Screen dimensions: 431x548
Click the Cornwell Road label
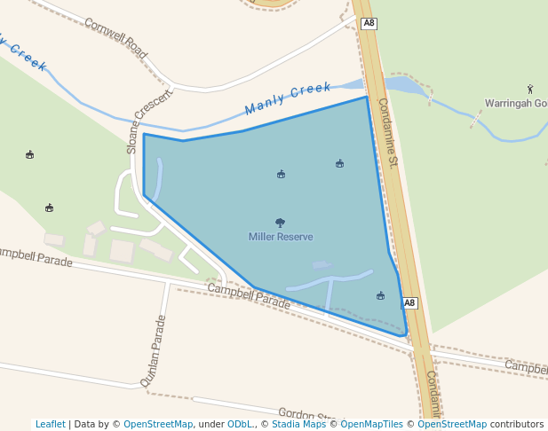(x=115, y=36)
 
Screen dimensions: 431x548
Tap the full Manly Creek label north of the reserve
(x=288, y=98)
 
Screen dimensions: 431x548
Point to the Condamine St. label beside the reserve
(x=389, y=133)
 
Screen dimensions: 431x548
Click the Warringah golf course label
(x=515, y=103)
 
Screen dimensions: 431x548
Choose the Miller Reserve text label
(x=281, y=237)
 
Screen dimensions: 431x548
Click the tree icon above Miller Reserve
(x=281, y=223)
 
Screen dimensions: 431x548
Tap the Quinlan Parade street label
(x=154, y=351)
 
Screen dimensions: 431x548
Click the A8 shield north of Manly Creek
(x=369, y=24)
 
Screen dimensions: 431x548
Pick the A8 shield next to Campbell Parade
(x=409, y=303)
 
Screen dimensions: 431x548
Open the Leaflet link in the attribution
(x=51, y=424)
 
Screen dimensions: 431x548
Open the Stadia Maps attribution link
(x=298, y=424)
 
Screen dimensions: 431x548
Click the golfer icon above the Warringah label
(x=530, y=89)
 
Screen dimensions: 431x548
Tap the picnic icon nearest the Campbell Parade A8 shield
(x=381, y=295)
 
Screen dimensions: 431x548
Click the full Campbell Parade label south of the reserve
(x=249, y=296)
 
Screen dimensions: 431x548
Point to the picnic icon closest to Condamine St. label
(x=339, y=163)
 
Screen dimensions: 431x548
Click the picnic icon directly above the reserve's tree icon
(x=281, y=174)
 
